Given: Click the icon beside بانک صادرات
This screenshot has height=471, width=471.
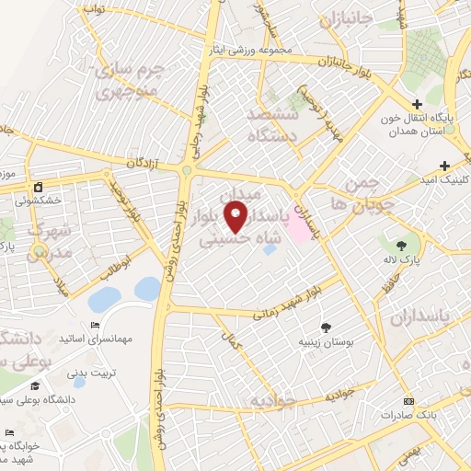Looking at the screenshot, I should tap(408, 401).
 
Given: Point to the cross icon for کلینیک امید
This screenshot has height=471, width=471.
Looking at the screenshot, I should tap(444, 167).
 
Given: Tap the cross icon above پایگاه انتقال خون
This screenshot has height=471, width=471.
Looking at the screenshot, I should tap(417, 104).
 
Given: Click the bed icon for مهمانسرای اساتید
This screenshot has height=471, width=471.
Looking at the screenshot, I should tap(95, 326).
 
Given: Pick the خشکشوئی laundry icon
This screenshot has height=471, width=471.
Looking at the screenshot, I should tap(38, 186).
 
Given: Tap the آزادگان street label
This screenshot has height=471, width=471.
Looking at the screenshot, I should tap(142, 164).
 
